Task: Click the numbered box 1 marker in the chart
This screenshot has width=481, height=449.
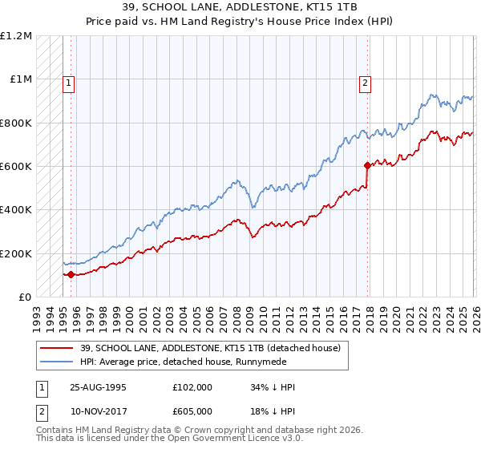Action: click(x=68, y=82)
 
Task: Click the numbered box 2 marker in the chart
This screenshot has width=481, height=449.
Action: click(x=365, y=82)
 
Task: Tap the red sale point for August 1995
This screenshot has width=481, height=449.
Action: click(x=71, y=275)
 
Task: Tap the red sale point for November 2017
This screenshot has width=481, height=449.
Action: click(x=368, y=166)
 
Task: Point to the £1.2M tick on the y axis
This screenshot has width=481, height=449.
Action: click(x=16, y=36)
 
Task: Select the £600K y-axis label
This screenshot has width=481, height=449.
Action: click(x=16, y=167)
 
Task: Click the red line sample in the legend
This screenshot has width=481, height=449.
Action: click(x=58, y=348)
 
